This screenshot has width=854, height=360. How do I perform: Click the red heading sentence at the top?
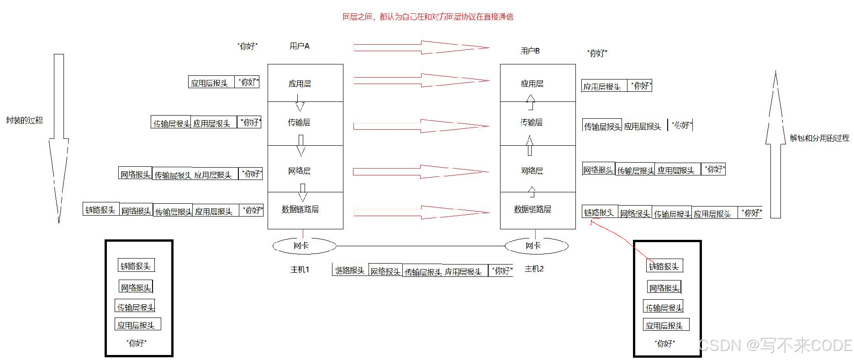click(x=427, y=17)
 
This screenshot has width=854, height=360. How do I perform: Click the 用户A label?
click(x=300, y=46)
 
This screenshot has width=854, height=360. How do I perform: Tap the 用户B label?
click(x=530, y=51)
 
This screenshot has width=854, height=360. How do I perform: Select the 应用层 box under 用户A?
click(x=305, y=83)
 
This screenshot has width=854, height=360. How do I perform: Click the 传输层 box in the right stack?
click(x=538, y=123)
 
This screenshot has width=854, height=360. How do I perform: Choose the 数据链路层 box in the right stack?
click(x=538, y=210)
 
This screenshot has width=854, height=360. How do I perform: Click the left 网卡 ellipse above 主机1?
click(x=304, y=246)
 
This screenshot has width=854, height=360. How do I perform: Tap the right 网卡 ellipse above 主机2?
click(x=536, y=246)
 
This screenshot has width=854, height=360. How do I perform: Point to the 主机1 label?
click(x=300, y=270)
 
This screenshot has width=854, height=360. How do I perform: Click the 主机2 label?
click(x=534, y=269)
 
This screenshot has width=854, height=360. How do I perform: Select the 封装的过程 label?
click(x=24, y=120)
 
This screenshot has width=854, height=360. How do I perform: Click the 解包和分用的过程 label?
click(x=819, y=138)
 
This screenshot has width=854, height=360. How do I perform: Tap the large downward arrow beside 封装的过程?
click(x=59, y=137)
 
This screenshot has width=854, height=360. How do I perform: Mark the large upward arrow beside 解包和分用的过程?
click(x=775, y=146)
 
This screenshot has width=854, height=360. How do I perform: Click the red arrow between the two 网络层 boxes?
click(x=420, y=172)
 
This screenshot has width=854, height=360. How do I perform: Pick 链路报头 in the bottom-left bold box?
click(x=136, y=265)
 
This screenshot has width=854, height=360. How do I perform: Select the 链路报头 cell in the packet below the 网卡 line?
click(x=350, y=270)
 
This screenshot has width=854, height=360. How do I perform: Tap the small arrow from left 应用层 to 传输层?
click(x=299, y=103)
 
